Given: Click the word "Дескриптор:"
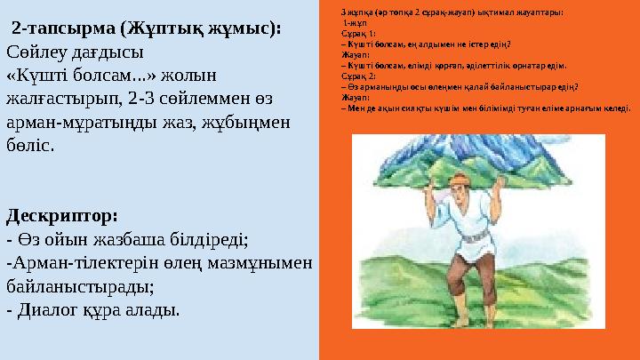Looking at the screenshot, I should pyautogui.click(x=62, y=216).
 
